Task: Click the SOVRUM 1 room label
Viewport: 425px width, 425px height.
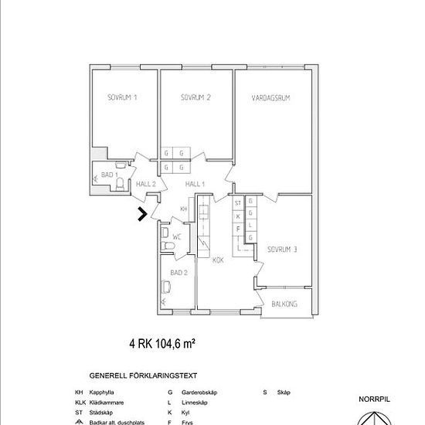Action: pyautogui.click(x=122, y=98)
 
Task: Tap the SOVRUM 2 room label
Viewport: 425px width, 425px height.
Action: pyautogui.click(x=196, y=98)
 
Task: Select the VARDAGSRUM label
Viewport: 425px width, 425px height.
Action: pyautogui.click(x=270, y=98)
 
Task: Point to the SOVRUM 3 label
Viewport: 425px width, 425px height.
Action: pyautogui.click(x=283, y=249)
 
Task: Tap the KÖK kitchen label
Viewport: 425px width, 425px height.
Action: pyautogui.click(x=219, y=260)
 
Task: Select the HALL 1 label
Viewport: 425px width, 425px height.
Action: pyautogui.click(x=195, y=184)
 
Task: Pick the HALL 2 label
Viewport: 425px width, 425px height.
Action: pyautogui.click(x=146, y=184)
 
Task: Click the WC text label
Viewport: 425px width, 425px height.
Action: pyautogui.click(x=176, y=236)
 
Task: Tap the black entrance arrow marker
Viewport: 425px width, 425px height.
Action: pyautogui.click(x=142, y=215)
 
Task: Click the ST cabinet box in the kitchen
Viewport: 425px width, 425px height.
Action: pyautogui.click(x=239, y=202)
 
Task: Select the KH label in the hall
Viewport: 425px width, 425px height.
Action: pyautogui.click(x=184, y=209)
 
